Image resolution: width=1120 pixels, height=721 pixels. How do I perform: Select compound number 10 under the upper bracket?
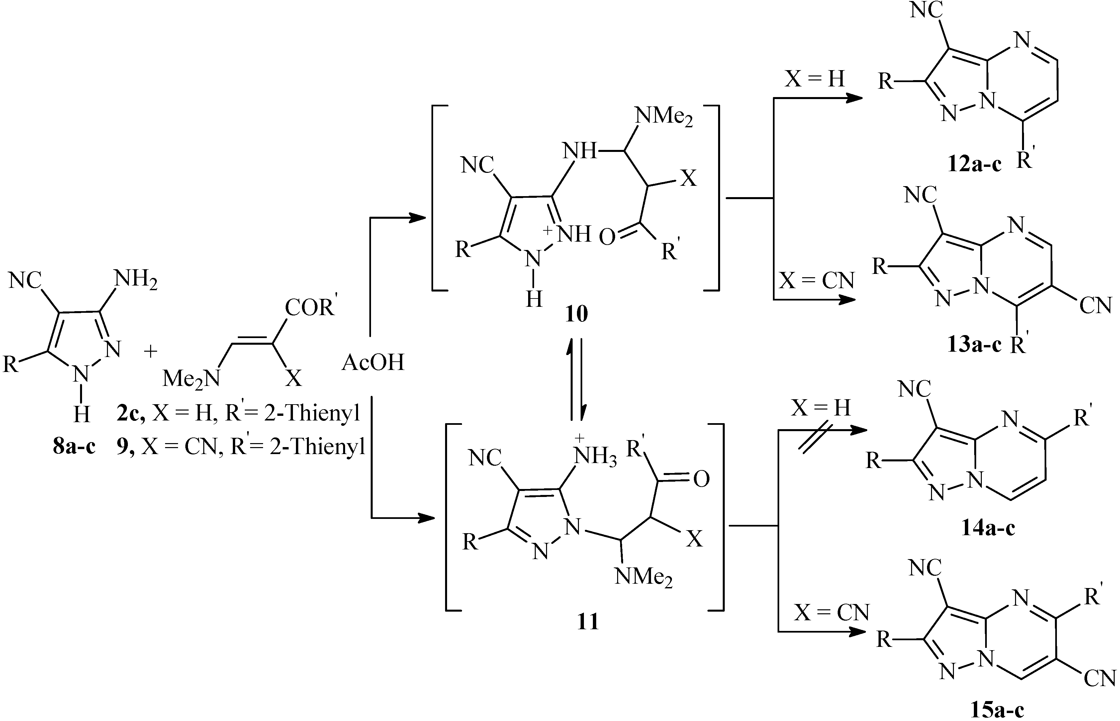point(576,314)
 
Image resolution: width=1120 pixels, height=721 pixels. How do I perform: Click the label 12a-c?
point(975,165)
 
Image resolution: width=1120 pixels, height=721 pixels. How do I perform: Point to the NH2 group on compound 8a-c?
point(135,280)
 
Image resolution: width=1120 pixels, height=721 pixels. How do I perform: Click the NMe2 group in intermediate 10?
point(663,116)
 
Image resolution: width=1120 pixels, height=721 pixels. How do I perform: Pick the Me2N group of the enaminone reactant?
point(191,378)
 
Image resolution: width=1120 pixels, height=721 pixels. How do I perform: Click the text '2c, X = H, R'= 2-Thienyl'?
point(238,414)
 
